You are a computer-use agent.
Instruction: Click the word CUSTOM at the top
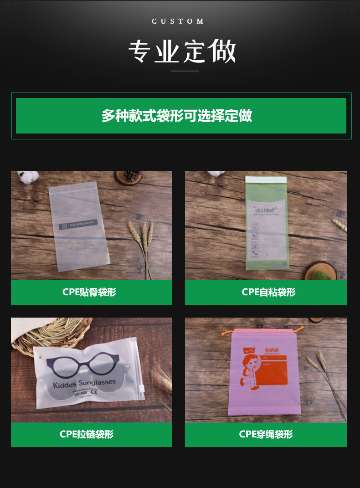(178, 21)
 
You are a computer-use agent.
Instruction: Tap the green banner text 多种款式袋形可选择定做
(177, 116)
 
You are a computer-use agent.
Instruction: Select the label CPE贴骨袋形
(89, 292)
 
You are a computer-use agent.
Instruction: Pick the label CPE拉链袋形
(87, 434)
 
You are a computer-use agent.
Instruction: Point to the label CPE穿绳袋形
(266, 434)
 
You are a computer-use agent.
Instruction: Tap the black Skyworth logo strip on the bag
(78, 224)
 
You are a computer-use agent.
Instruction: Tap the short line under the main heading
(185, 71)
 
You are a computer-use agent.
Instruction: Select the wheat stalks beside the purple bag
(329, 378)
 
